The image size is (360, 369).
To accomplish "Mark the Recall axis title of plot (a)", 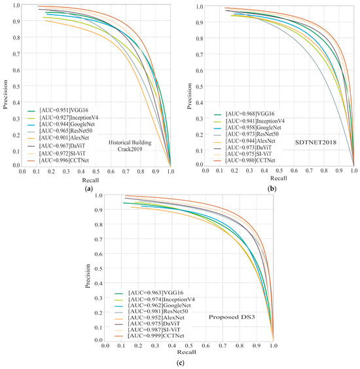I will tap(89, 179).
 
